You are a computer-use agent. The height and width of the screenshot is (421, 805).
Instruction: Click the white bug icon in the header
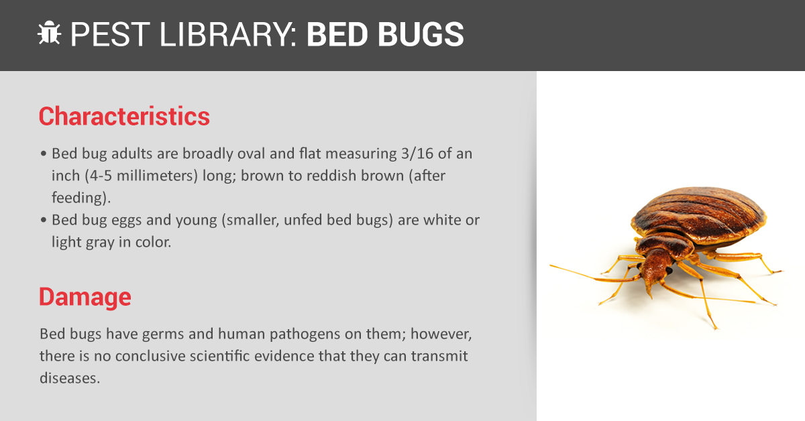tap(49, 33)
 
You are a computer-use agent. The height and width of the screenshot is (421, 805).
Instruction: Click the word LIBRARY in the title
tap(228, 34)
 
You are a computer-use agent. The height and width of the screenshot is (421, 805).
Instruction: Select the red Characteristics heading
tap(124, 117)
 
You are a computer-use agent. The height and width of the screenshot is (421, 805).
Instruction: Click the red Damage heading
tap(85, 297)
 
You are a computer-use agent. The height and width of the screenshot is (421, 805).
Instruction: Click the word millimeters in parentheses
tap(158, 176)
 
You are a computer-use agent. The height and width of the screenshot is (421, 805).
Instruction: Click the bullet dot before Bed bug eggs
tap(44, 220)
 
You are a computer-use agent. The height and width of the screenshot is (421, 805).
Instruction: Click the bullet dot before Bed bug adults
tap(44, 154)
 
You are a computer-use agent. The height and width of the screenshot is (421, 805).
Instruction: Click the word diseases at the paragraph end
tap(70, 378)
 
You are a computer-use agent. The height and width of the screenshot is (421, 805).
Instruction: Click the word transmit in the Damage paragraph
tap(439, 356)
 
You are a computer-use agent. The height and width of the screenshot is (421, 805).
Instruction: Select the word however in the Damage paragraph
tap(441, 335)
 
